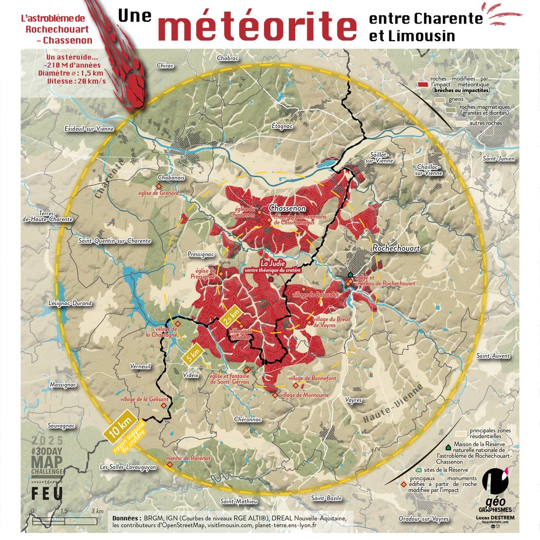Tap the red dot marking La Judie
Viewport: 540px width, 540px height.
click(x=270, y=279)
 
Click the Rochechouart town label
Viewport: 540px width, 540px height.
click(x=396, y=248)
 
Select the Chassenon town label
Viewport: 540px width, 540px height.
click(x=287, y=208)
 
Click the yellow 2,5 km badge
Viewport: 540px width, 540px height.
click(x=231, y=315)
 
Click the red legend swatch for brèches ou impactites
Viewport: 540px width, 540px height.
click(x=422, y=84)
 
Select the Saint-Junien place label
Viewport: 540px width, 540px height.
click(x=499, y=159)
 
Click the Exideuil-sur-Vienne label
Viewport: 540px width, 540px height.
click(x=89, y=129)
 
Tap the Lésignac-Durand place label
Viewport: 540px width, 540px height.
click(x=70, y=303)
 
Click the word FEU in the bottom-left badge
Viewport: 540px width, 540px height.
click(x=47, y=493)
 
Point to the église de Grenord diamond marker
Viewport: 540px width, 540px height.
click(x=158, y=186)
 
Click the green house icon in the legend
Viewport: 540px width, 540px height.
click(x=448, y=448)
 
